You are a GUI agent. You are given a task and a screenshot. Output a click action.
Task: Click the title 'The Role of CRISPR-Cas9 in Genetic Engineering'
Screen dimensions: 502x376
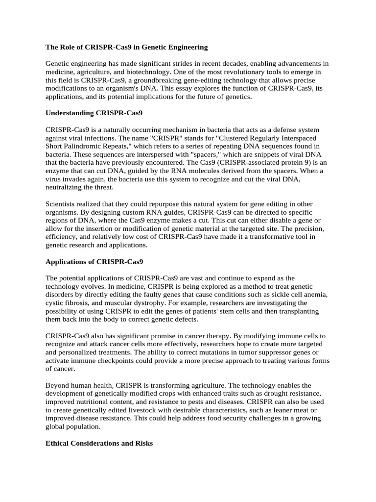[127, 47]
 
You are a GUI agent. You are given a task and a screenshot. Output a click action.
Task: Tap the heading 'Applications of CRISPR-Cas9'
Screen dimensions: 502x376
[94, 262]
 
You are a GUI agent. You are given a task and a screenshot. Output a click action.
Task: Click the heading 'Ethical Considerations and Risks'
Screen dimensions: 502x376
[99, 443]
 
